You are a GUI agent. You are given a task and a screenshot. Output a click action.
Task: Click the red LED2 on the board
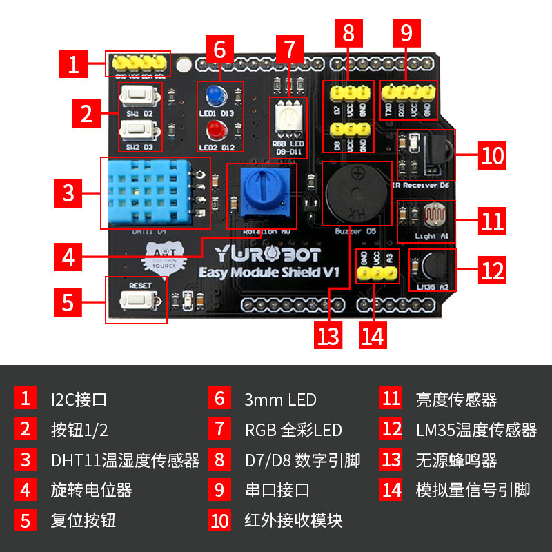213,129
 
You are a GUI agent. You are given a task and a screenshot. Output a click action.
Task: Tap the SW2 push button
136,129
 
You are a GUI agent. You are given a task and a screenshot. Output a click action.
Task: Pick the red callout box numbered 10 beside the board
493,155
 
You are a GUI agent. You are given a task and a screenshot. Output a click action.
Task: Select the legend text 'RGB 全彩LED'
293,430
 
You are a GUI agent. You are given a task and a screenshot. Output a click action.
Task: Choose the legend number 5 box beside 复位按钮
26,520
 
